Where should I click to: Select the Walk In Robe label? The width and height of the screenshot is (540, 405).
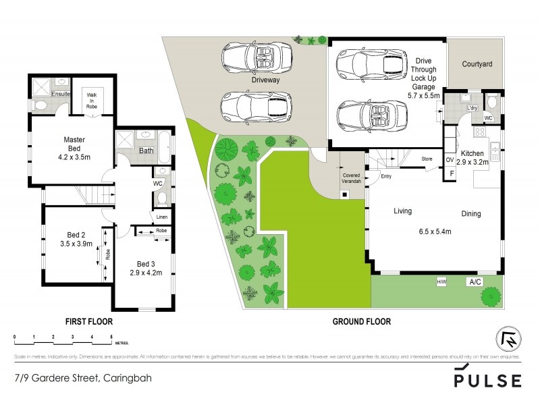point(91,100)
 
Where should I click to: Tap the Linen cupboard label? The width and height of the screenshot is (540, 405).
point(161,217)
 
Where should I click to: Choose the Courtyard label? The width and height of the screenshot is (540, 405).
point(477,65)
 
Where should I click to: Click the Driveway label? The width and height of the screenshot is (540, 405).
point(266,80)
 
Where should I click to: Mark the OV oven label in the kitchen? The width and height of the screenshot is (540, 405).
point(450,160)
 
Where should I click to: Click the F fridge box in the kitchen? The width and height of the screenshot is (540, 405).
point(452,173)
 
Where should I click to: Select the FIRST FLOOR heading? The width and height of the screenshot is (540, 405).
point(88,321)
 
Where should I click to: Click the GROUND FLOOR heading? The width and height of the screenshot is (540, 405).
point(361,321)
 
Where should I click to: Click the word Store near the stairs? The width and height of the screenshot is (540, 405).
point(427,159)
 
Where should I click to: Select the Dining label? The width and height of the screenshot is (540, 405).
point(471,214)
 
